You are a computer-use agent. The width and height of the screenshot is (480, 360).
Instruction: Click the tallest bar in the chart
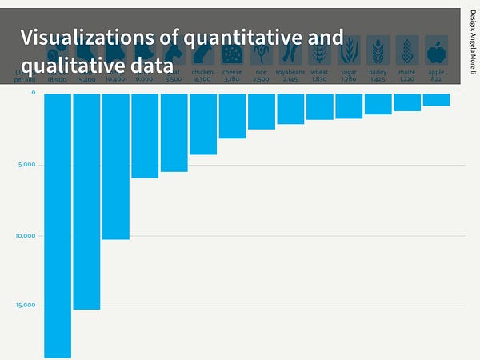(x=58, y=224)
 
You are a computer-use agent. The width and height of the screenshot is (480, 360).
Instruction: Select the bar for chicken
(x=203, y=124)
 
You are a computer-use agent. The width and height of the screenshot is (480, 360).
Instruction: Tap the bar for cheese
(x=232, y=116)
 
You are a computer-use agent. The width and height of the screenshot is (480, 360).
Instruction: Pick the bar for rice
(x=262, y=111)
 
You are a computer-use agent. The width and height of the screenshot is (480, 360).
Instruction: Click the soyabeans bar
(x=290, y=109)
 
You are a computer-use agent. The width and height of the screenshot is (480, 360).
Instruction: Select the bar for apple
(x=436, y=99)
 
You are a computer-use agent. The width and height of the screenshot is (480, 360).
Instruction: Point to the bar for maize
(x=407, y=102)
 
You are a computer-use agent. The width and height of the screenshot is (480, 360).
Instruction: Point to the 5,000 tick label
(x=27, y=166)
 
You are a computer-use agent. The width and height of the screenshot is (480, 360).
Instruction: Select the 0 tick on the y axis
(x=34, y=94)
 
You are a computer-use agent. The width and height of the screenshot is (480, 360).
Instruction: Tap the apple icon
(x=436, y=52)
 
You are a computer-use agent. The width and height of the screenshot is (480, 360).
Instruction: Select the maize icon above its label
(x=407, y=52)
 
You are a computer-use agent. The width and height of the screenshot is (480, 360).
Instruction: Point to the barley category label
(x=378, y=72)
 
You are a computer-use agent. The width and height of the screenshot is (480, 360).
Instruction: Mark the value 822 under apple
(x=436, y=79)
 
